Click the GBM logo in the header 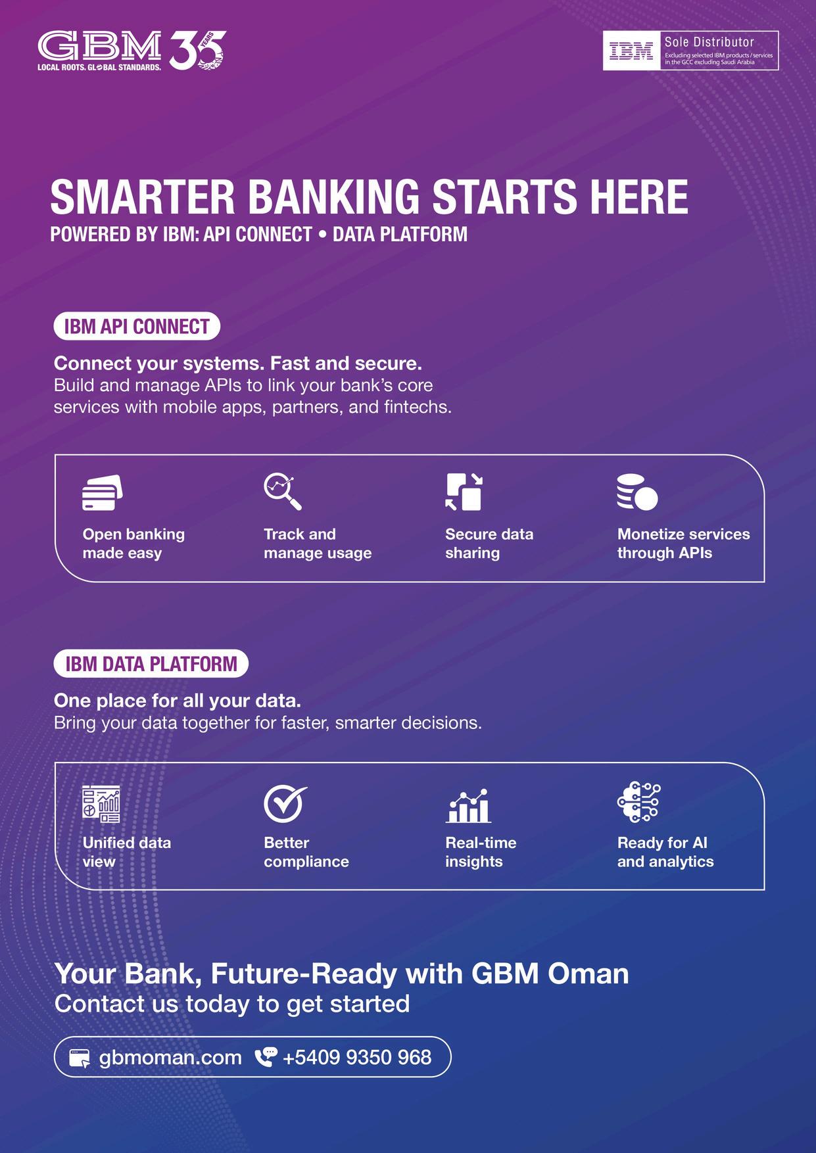99,50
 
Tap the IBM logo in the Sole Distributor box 631,51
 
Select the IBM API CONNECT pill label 137,326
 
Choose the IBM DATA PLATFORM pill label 151,663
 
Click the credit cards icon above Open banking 102,493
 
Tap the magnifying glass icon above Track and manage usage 283,492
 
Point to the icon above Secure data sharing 464,492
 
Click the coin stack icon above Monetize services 637,492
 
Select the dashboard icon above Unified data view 101,804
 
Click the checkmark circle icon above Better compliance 285,804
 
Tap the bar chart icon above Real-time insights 468,806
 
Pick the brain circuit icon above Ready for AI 638,803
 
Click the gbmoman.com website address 170,1058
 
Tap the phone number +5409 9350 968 357,1057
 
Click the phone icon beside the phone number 266,1056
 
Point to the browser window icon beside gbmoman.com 80,1058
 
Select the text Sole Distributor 709,42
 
